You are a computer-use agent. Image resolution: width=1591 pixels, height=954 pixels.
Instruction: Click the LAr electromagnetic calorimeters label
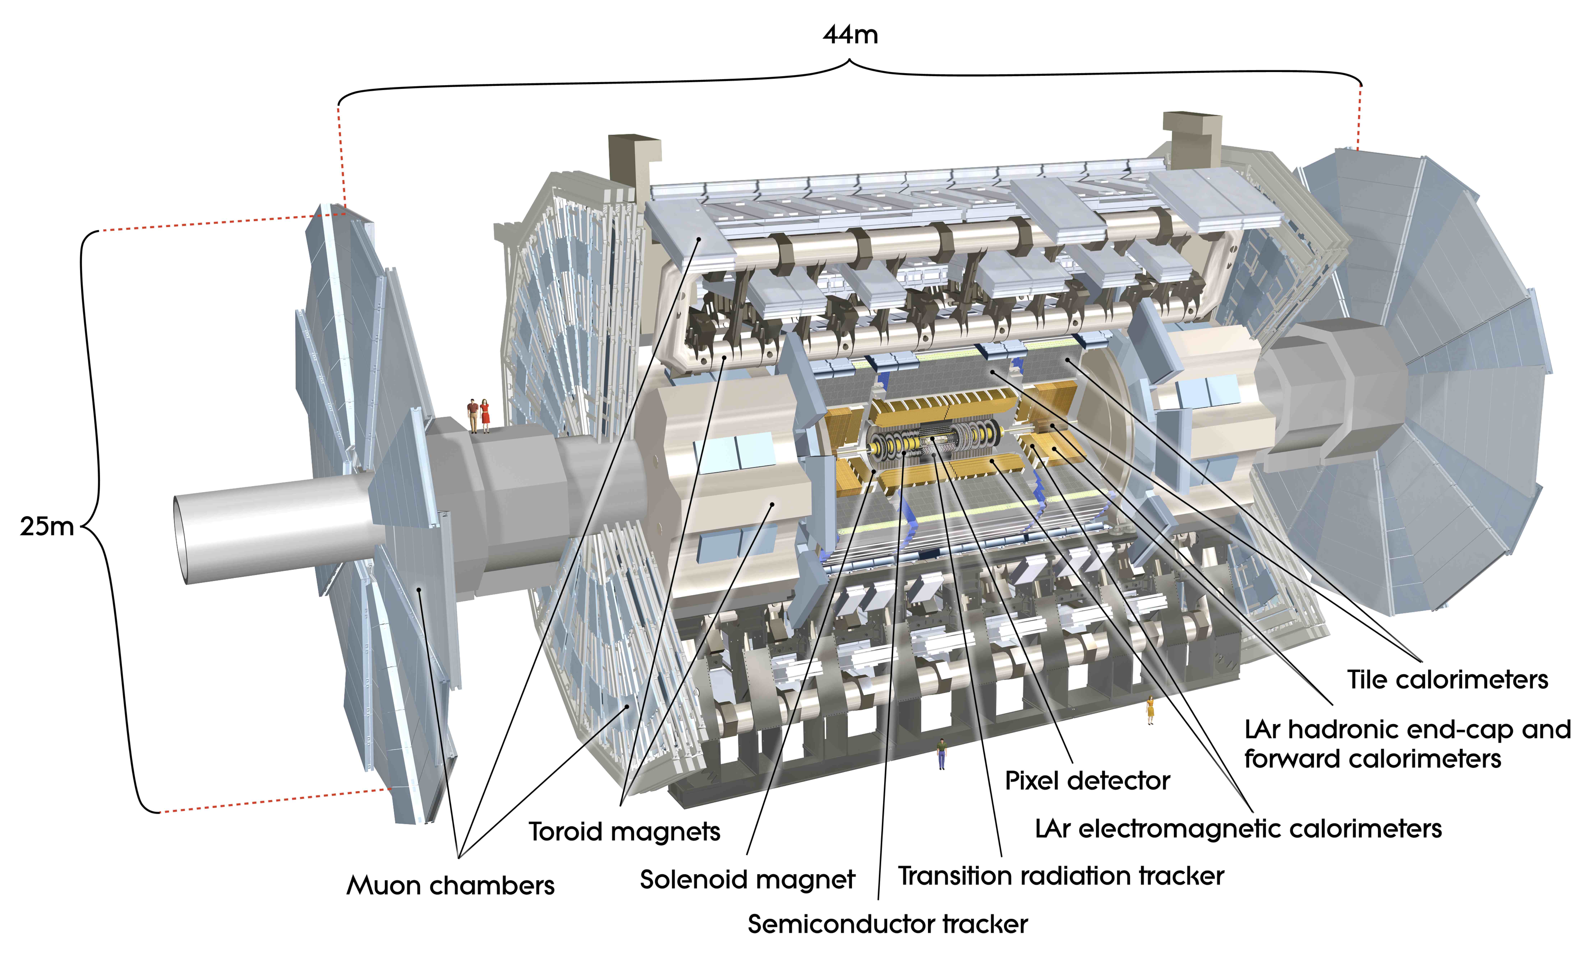[x=1238, y=829]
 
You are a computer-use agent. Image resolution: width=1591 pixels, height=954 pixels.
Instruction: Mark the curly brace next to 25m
[x=96, y=521]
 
